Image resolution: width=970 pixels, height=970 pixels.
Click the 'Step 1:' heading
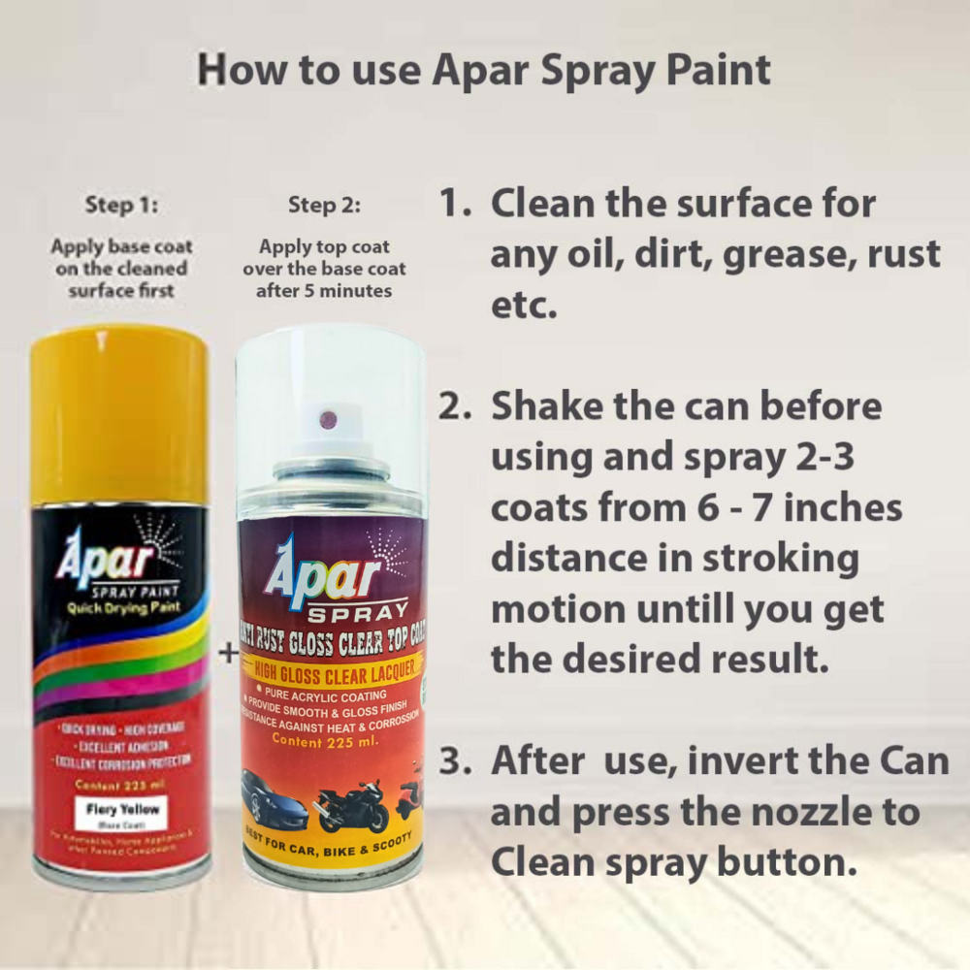121,206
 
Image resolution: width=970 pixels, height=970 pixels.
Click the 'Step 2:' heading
324,206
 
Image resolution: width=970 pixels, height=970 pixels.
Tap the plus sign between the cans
228,653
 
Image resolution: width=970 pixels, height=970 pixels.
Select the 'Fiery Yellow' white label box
121,811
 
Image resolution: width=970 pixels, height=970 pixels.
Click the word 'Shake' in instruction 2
550,406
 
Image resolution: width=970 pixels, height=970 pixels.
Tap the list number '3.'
457,760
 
